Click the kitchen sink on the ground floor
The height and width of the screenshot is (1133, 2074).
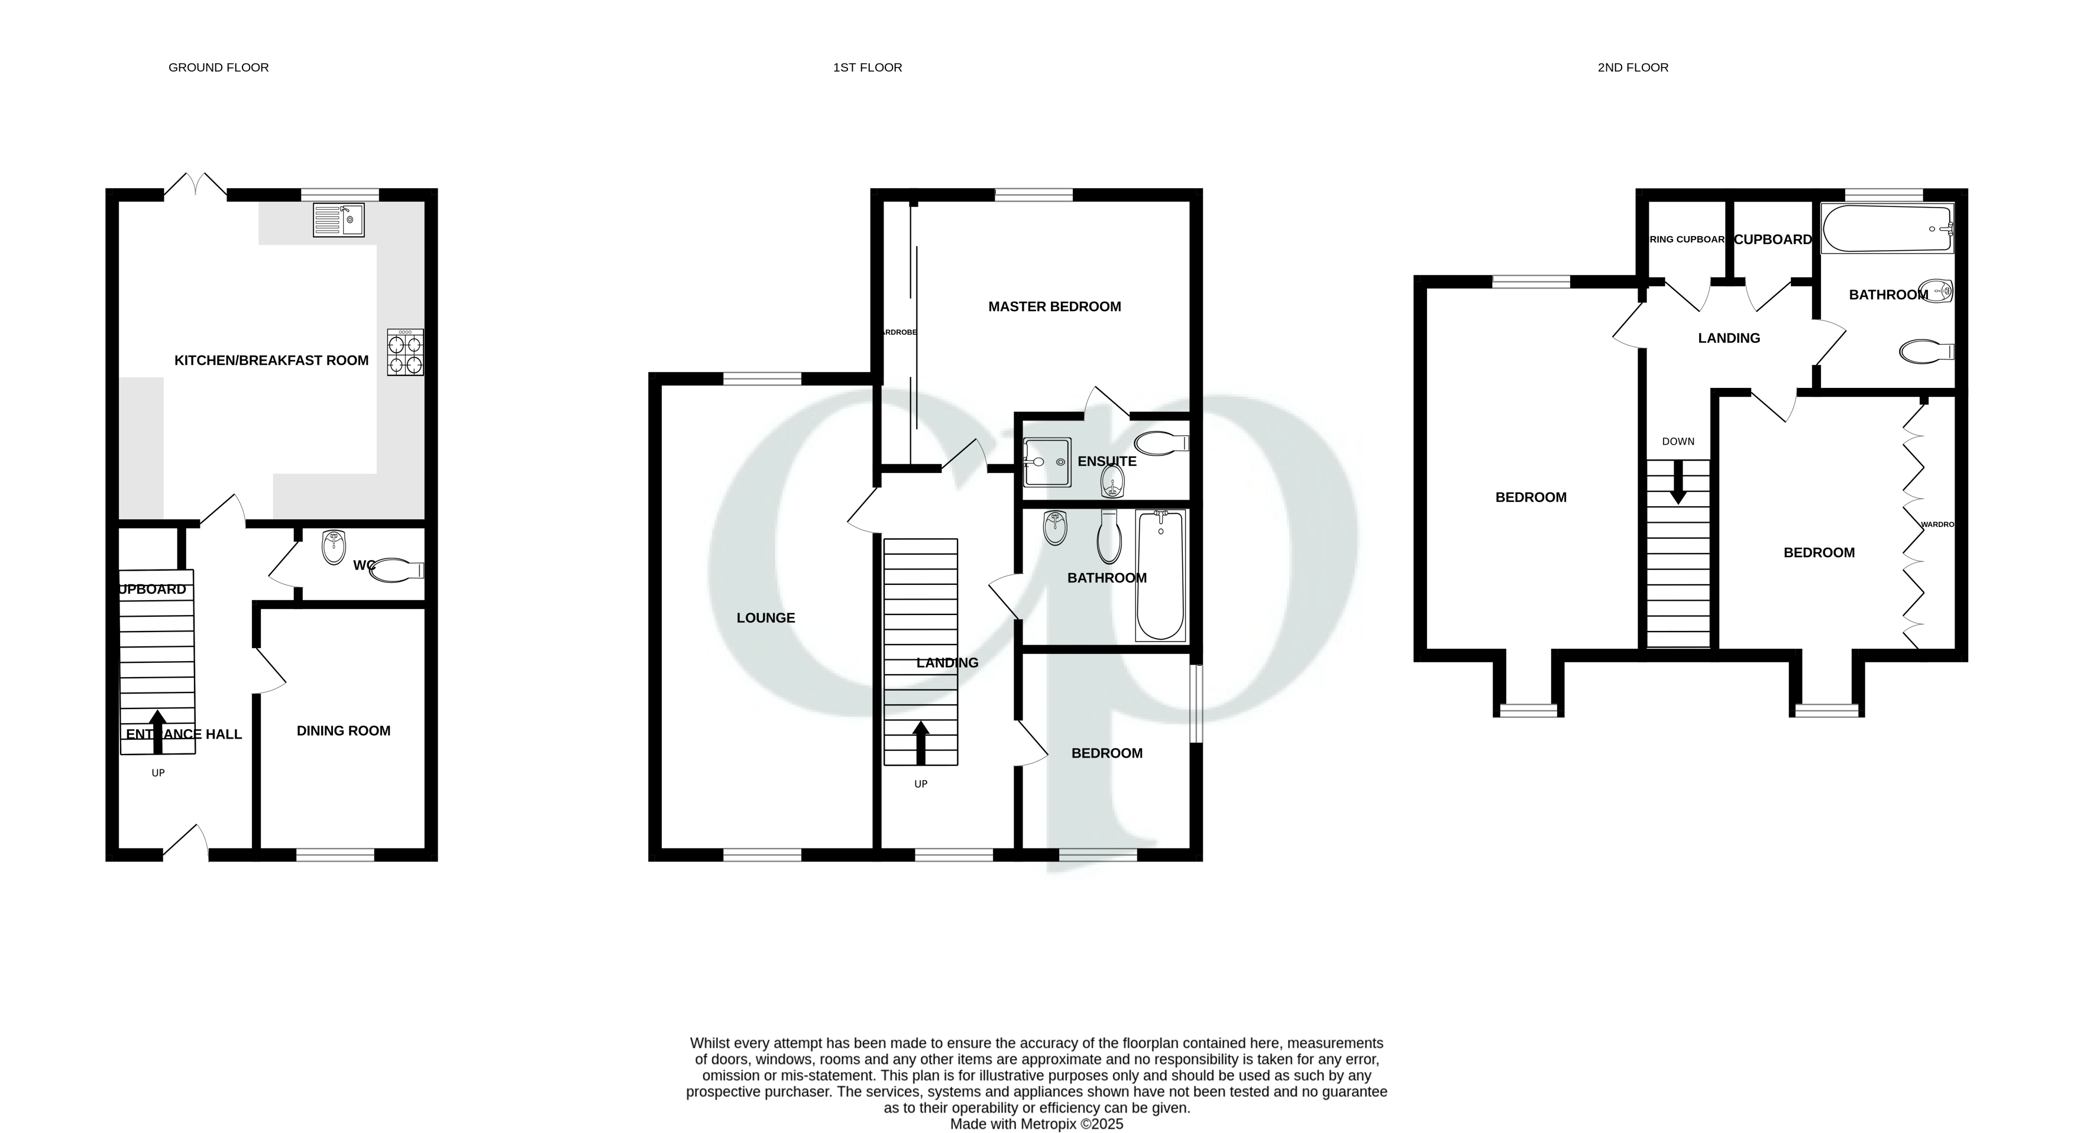[338, 220]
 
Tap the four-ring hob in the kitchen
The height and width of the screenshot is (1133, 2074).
[405, 352]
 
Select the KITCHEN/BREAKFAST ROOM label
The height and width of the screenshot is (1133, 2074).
[271, 360]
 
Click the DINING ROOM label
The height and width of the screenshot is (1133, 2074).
[343, 730]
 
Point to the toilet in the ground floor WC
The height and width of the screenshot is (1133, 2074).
[399, 570]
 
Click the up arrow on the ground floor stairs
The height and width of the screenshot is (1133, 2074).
[158, 731]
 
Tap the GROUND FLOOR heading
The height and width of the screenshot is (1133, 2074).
[218, 67]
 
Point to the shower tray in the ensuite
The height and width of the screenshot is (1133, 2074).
[1047, 462]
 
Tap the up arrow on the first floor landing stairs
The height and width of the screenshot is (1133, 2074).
[920, 743]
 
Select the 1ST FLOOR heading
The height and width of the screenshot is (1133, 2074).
[867, 67]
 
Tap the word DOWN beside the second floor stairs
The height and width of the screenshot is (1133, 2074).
[1678, 441]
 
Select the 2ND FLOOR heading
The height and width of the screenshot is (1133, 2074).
[1633, 67]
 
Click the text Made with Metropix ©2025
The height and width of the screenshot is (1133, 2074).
[1036, 1124]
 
